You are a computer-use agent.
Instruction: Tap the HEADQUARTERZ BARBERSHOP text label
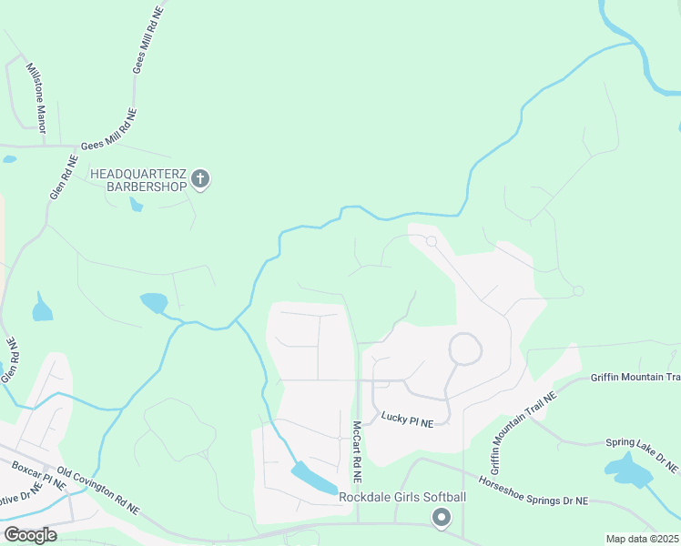click(x=137, y=179)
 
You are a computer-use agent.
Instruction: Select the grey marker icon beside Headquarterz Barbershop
click(x=201, y=179)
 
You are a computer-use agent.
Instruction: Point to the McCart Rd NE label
click(x=358, y=451)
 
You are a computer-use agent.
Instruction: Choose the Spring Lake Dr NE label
click(x=642, y=455)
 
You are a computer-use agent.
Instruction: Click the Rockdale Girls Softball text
click(x=402, y=497)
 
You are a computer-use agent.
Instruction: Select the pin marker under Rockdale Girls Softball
click(x=442, y=518)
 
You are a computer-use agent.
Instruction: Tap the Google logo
click(x=30, y=534)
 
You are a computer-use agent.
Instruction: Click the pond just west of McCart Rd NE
click(x=313, y=478)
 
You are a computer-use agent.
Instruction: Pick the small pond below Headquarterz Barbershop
click(x=136, y=204)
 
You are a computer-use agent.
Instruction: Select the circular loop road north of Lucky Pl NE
click(x=465, y=349)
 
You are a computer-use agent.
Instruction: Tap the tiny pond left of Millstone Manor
click(x=9, y=159)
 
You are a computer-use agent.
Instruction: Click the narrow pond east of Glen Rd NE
click(x=42, y=308)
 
